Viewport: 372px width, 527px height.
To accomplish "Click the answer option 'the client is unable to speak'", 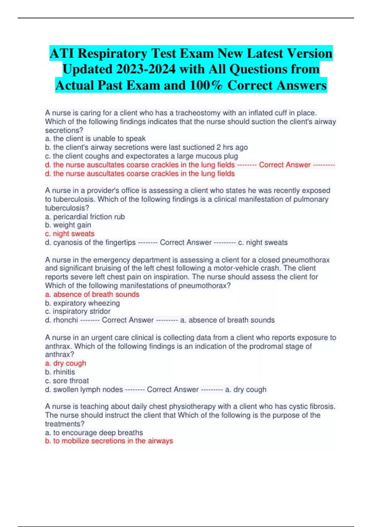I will click(x=95, y=139).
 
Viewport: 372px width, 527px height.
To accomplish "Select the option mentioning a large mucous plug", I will click(x=142, y=156).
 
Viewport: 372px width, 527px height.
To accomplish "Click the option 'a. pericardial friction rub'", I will click(x=85, y=217).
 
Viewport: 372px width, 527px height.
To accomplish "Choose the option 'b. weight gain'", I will click(x=68, y=225).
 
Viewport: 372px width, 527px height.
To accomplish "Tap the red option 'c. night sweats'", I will click(x=70, y=234).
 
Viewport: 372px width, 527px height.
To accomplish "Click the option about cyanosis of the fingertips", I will click(x=91, y=242).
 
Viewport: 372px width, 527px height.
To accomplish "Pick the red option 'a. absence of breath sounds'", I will click(x=92, y=294).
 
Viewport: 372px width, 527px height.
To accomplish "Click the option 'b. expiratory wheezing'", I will click(x=82, y=303).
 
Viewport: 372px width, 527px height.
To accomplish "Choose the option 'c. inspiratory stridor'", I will click(x=78, y=311).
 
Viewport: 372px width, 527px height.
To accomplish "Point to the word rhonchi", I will click(x=65, y=320).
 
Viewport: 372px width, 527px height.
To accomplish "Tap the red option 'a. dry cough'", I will click(x=66, y=363).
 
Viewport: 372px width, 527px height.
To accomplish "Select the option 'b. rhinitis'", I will click(x=60, y=372).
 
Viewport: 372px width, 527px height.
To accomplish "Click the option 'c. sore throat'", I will click(x=67, y=381).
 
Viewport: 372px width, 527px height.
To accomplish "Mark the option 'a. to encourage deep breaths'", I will click(x=94, y=433).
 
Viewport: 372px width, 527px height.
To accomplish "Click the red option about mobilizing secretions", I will click(x=109, y=441).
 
